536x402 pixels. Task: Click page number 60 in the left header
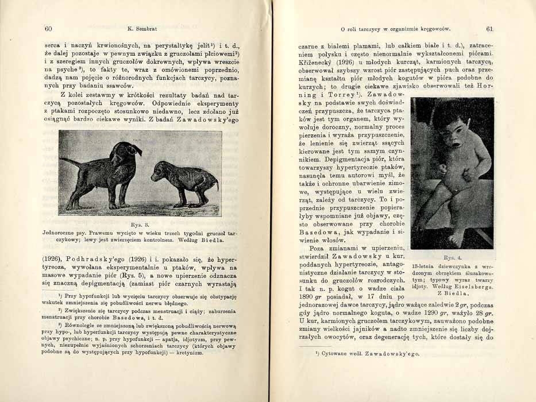click(48, 28)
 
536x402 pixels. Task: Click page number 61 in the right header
click(489, 29)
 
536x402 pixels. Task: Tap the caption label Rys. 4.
click(452, 258)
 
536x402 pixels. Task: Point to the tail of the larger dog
click(68, 162)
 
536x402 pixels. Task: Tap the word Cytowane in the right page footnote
click(336, 354)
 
